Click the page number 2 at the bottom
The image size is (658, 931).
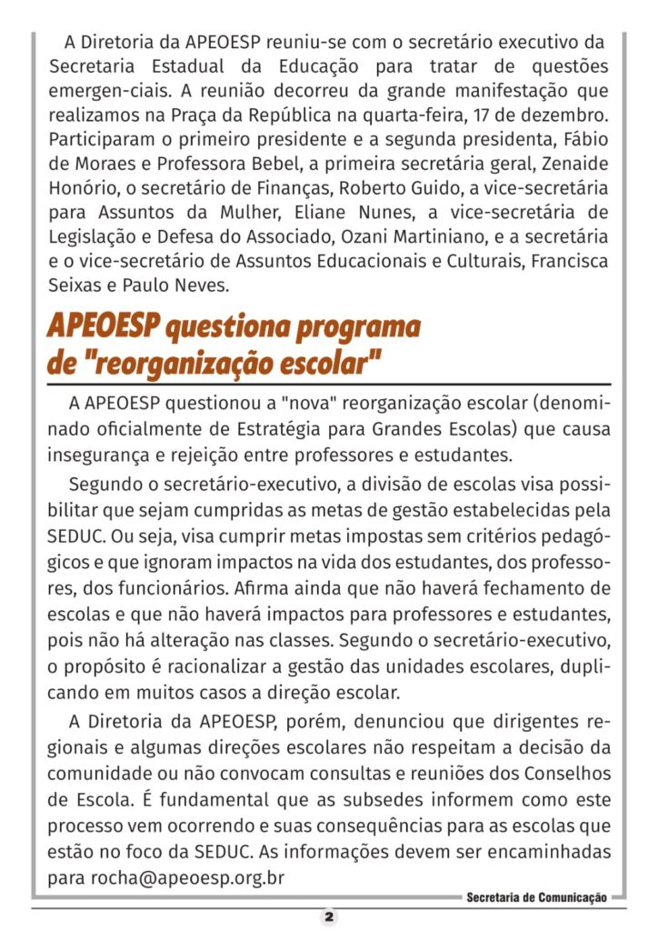coord(329,916)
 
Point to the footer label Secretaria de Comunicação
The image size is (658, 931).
coord(536,897)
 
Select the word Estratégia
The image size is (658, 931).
coord(297,428)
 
